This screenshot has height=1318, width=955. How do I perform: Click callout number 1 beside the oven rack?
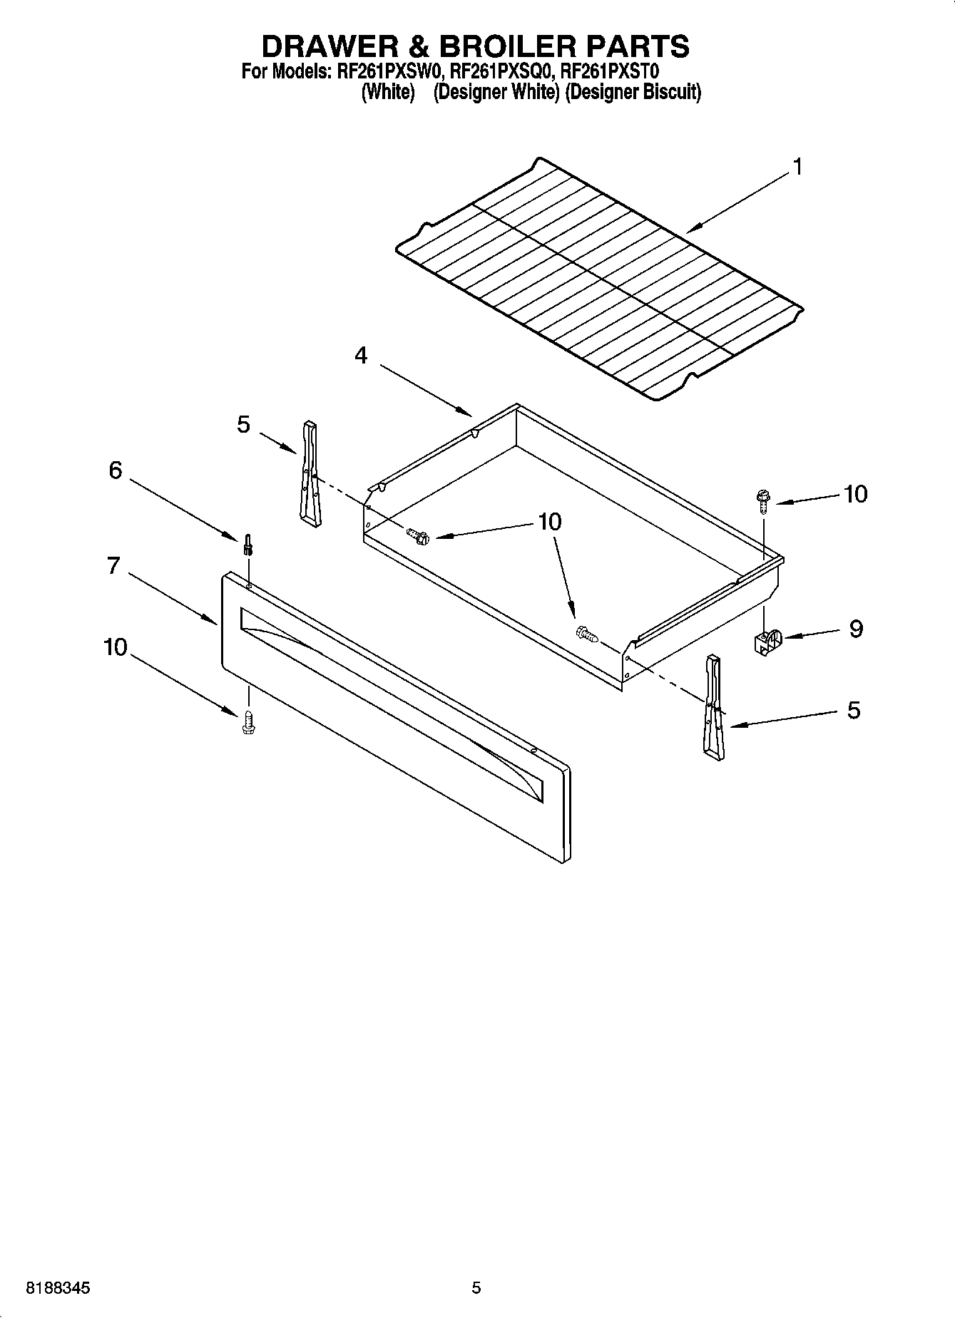pyautogui.click(x=797, y=168)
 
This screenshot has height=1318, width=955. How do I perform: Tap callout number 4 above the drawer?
pyautogui.click(x=362, y=355)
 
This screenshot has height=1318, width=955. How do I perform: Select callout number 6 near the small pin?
pyautogui.click(x=115, y=470)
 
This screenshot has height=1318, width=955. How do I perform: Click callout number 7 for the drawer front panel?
pyautogui.click(x=113, y=566)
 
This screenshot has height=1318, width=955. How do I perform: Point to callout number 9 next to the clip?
pyautogui.click(x=855, y=629)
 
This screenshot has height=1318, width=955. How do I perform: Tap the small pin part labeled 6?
pyautogui.click(x=247, y=545)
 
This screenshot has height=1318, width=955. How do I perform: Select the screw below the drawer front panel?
pyautogui.click(x=248, y=721)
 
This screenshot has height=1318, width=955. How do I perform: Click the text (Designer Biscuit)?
pyautogui.click(x=633, y=93)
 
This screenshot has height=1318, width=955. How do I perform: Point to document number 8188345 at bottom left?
pyautogui.click(x=58, y=1288)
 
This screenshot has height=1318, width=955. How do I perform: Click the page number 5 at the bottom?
pyautogui.click(x=476, y=1288)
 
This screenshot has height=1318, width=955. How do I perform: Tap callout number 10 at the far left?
pyautogui.click(x=115, y=647)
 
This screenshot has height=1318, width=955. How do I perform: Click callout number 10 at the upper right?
pyautogui.click(x=855, y=494)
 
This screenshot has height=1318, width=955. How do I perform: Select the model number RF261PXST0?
pyautogui.click(x=611, y=72)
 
